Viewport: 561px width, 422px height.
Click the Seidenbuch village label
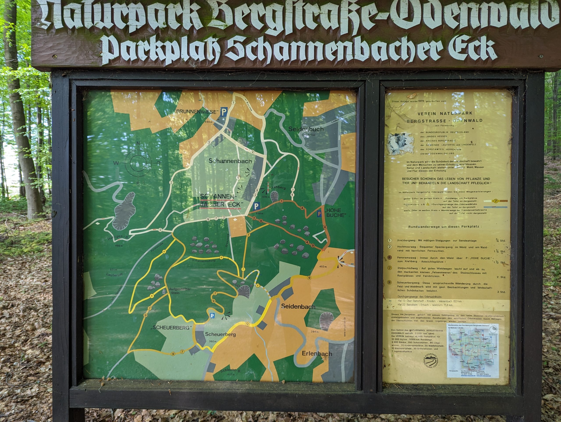(306, 129)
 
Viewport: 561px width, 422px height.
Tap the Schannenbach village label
(230, 161)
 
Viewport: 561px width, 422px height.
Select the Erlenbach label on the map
(317, 354)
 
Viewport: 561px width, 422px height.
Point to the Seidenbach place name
(298, 307)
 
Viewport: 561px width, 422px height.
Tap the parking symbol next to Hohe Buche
(319, 214)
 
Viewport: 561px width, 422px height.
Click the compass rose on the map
(138, 163)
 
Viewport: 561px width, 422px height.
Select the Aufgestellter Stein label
(180, 291)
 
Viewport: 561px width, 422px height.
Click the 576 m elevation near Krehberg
(266, 197)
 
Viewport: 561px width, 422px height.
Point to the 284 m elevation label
(314, 332)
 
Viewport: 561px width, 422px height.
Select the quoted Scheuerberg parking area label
(171, 327)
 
